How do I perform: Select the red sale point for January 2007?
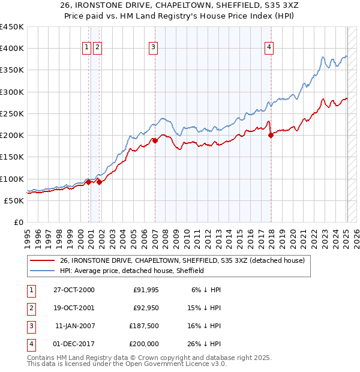155,141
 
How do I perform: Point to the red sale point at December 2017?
271,136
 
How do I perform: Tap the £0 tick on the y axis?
18,222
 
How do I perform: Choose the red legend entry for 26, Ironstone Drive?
182,260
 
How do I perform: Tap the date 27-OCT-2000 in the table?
74,290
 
